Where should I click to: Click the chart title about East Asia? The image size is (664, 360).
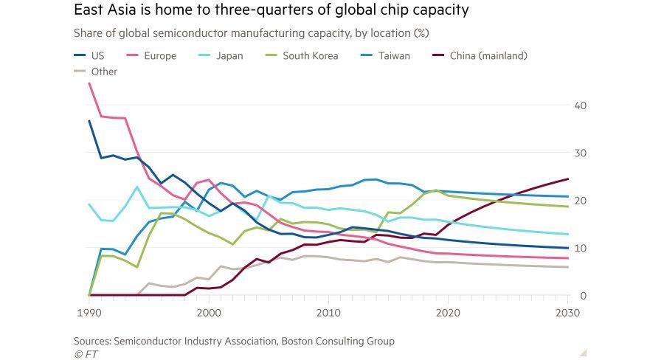[x=271, y=10]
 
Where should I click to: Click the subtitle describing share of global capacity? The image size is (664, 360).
[x=251, y=33]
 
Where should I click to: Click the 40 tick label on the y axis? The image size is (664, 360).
[x=580, y=105]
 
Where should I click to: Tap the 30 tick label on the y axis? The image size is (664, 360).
[x=580, y=153]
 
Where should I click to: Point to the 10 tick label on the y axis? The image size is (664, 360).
[x=580, y=248]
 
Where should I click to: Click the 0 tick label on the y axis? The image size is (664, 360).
[x=583, y=296]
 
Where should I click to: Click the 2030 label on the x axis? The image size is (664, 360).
[x=567, y=313]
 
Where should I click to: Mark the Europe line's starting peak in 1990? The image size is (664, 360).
[x=89, y=83]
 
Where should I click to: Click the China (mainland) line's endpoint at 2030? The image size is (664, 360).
[x=567, y=179]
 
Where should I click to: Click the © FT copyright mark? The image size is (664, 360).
[x=86, y=354]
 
